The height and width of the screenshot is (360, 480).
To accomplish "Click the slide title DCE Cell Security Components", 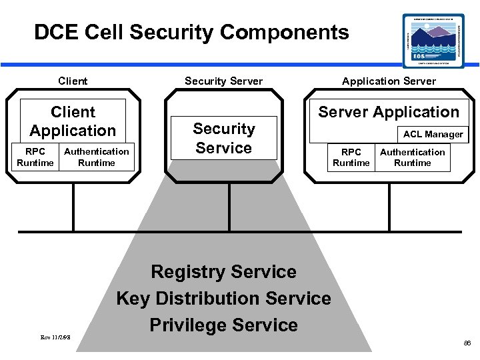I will [x=191, y=32].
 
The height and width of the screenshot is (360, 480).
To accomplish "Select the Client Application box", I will [x=73, y=121].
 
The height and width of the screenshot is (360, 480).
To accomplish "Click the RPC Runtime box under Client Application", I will [x=35, y=157].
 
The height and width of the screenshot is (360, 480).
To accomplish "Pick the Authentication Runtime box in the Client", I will [x=97, y=157].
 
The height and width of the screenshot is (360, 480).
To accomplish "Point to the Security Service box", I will [x=224, y=139].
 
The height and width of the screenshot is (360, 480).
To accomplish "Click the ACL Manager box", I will [x=433, y=134].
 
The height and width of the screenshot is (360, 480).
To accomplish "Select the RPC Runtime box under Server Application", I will [x=351, y=157].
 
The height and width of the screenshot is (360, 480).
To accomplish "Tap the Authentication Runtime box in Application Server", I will [x=413, y=157].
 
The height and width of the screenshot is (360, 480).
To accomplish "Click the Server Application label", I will [x=389, y=112].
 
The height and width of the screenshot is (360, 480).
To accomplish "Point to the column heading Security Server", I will [x=223, y=81].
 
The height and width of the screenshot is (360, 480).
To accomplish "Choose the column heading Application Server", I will [x=389, y=81].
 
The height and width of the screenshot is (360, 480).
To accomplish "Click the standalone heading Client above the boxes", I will [x=73, y=81].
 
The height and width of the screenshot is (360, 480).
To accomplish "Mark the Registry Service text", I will [x=223, y=272].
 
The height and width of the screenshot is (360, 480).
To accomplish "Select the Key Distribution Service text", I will [x=223, y=298].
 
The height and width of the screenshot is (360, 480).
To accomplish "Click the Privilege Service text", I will [x=223, y=325].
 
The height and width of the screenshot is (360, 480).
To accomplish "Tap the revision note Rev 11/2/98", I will [x=56, y=337].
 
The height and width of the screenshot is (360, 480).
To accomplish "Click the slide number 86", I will [x=466, y=342].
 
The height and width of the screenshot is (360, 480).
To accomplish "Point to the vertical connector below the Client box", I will [x=73, y=207].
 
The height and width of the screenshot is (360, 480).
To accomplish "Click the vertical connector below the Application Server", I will [x=389, y=207].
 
